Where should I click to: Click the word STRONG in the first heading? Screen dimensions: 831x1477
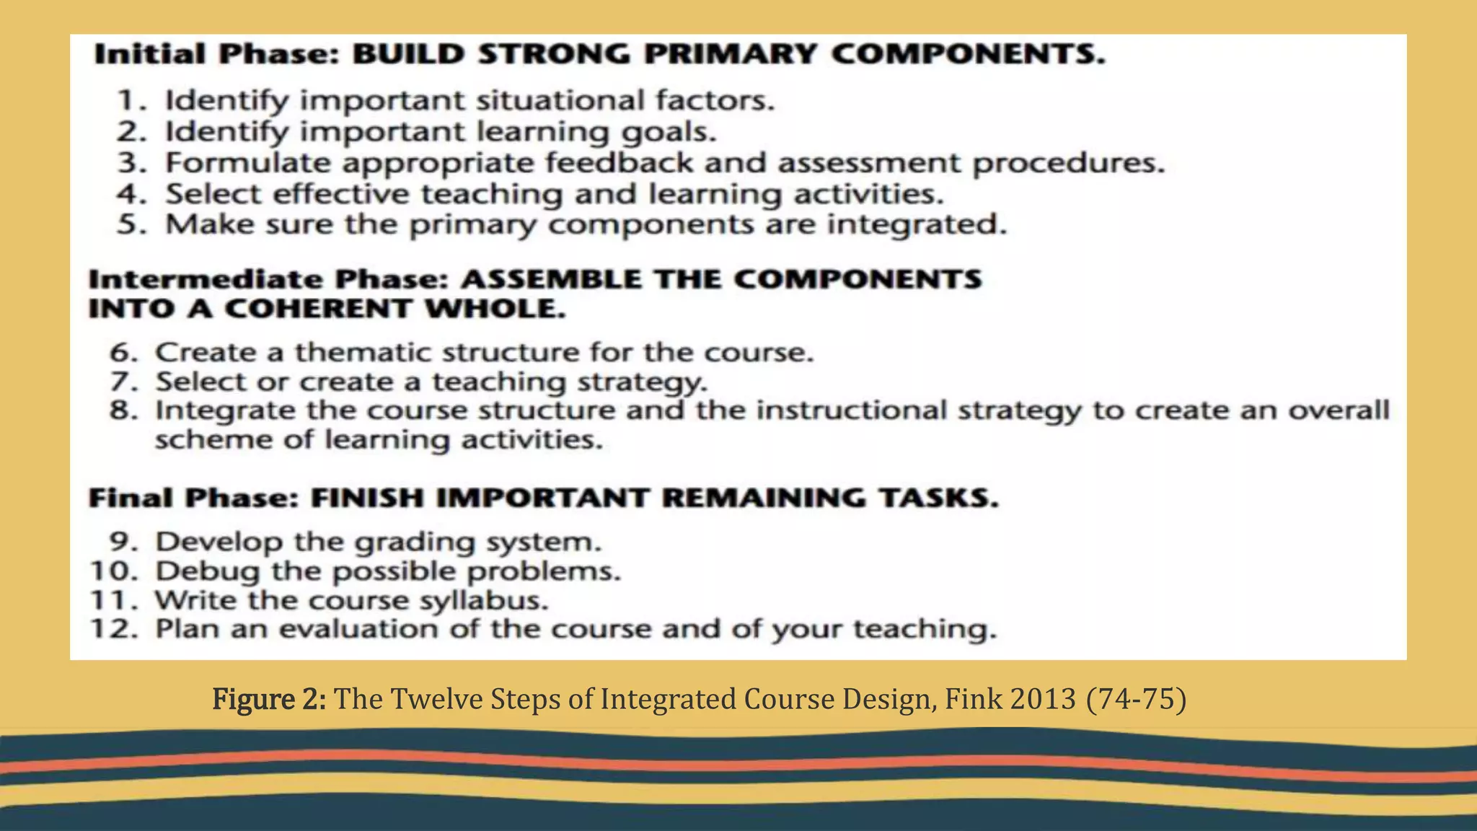(554, 55)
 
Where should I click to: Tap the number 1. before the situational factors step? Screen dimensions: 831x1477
(131, 100)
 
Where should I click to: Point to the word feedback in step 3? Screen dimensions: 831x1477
(620, 163)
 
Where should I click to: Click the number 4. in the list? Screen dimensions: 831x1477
(131, 194)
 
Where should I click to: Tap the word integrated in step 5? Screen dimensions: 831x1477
(916, 225)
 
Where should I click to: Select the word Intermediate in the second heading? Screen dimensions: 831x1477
(206, 280)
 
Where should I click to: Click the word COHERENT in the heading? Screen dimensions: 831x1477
(318, 309)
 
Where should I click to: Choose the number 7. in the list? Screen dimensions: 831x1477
(123, 382)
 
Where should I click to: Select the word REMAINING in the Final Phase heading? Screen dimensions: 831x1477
(763, 498)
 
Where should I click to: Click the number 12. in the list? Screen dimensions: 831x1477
(114, 629)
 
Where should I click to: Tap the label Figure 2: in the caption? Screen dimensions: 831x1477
(270, 699)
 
